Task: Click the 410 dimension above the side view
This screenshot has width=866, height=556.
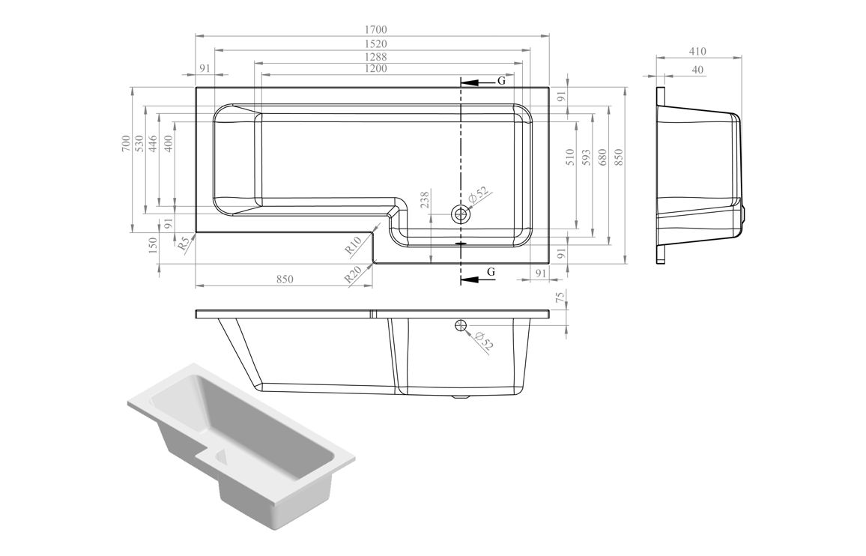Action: point(697,52)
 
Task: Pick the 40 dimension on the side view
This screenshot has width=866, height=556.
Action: point(698,70)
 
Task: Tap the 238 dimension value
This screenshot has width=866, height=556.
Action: point(425,199)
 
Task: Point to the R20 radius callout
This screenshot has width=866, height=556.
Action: point(354,274)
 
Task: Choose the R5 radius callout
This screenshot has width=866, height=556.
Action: point(182,243)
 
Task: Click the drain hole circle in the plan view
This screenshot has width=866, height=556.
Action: point(460,214)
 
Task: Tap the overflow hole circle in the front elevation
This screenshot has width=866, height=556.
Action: point(460,324)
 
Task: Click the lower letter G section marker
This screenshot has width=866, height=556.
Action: point(491,271)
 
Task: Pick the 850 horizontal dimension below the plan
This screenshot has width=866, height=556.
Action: point(284,279)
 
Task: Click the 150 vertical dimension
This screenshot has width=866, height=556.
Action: point(153,245)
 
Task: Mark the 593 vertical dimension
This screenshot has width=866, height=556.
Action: point(587,157)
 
